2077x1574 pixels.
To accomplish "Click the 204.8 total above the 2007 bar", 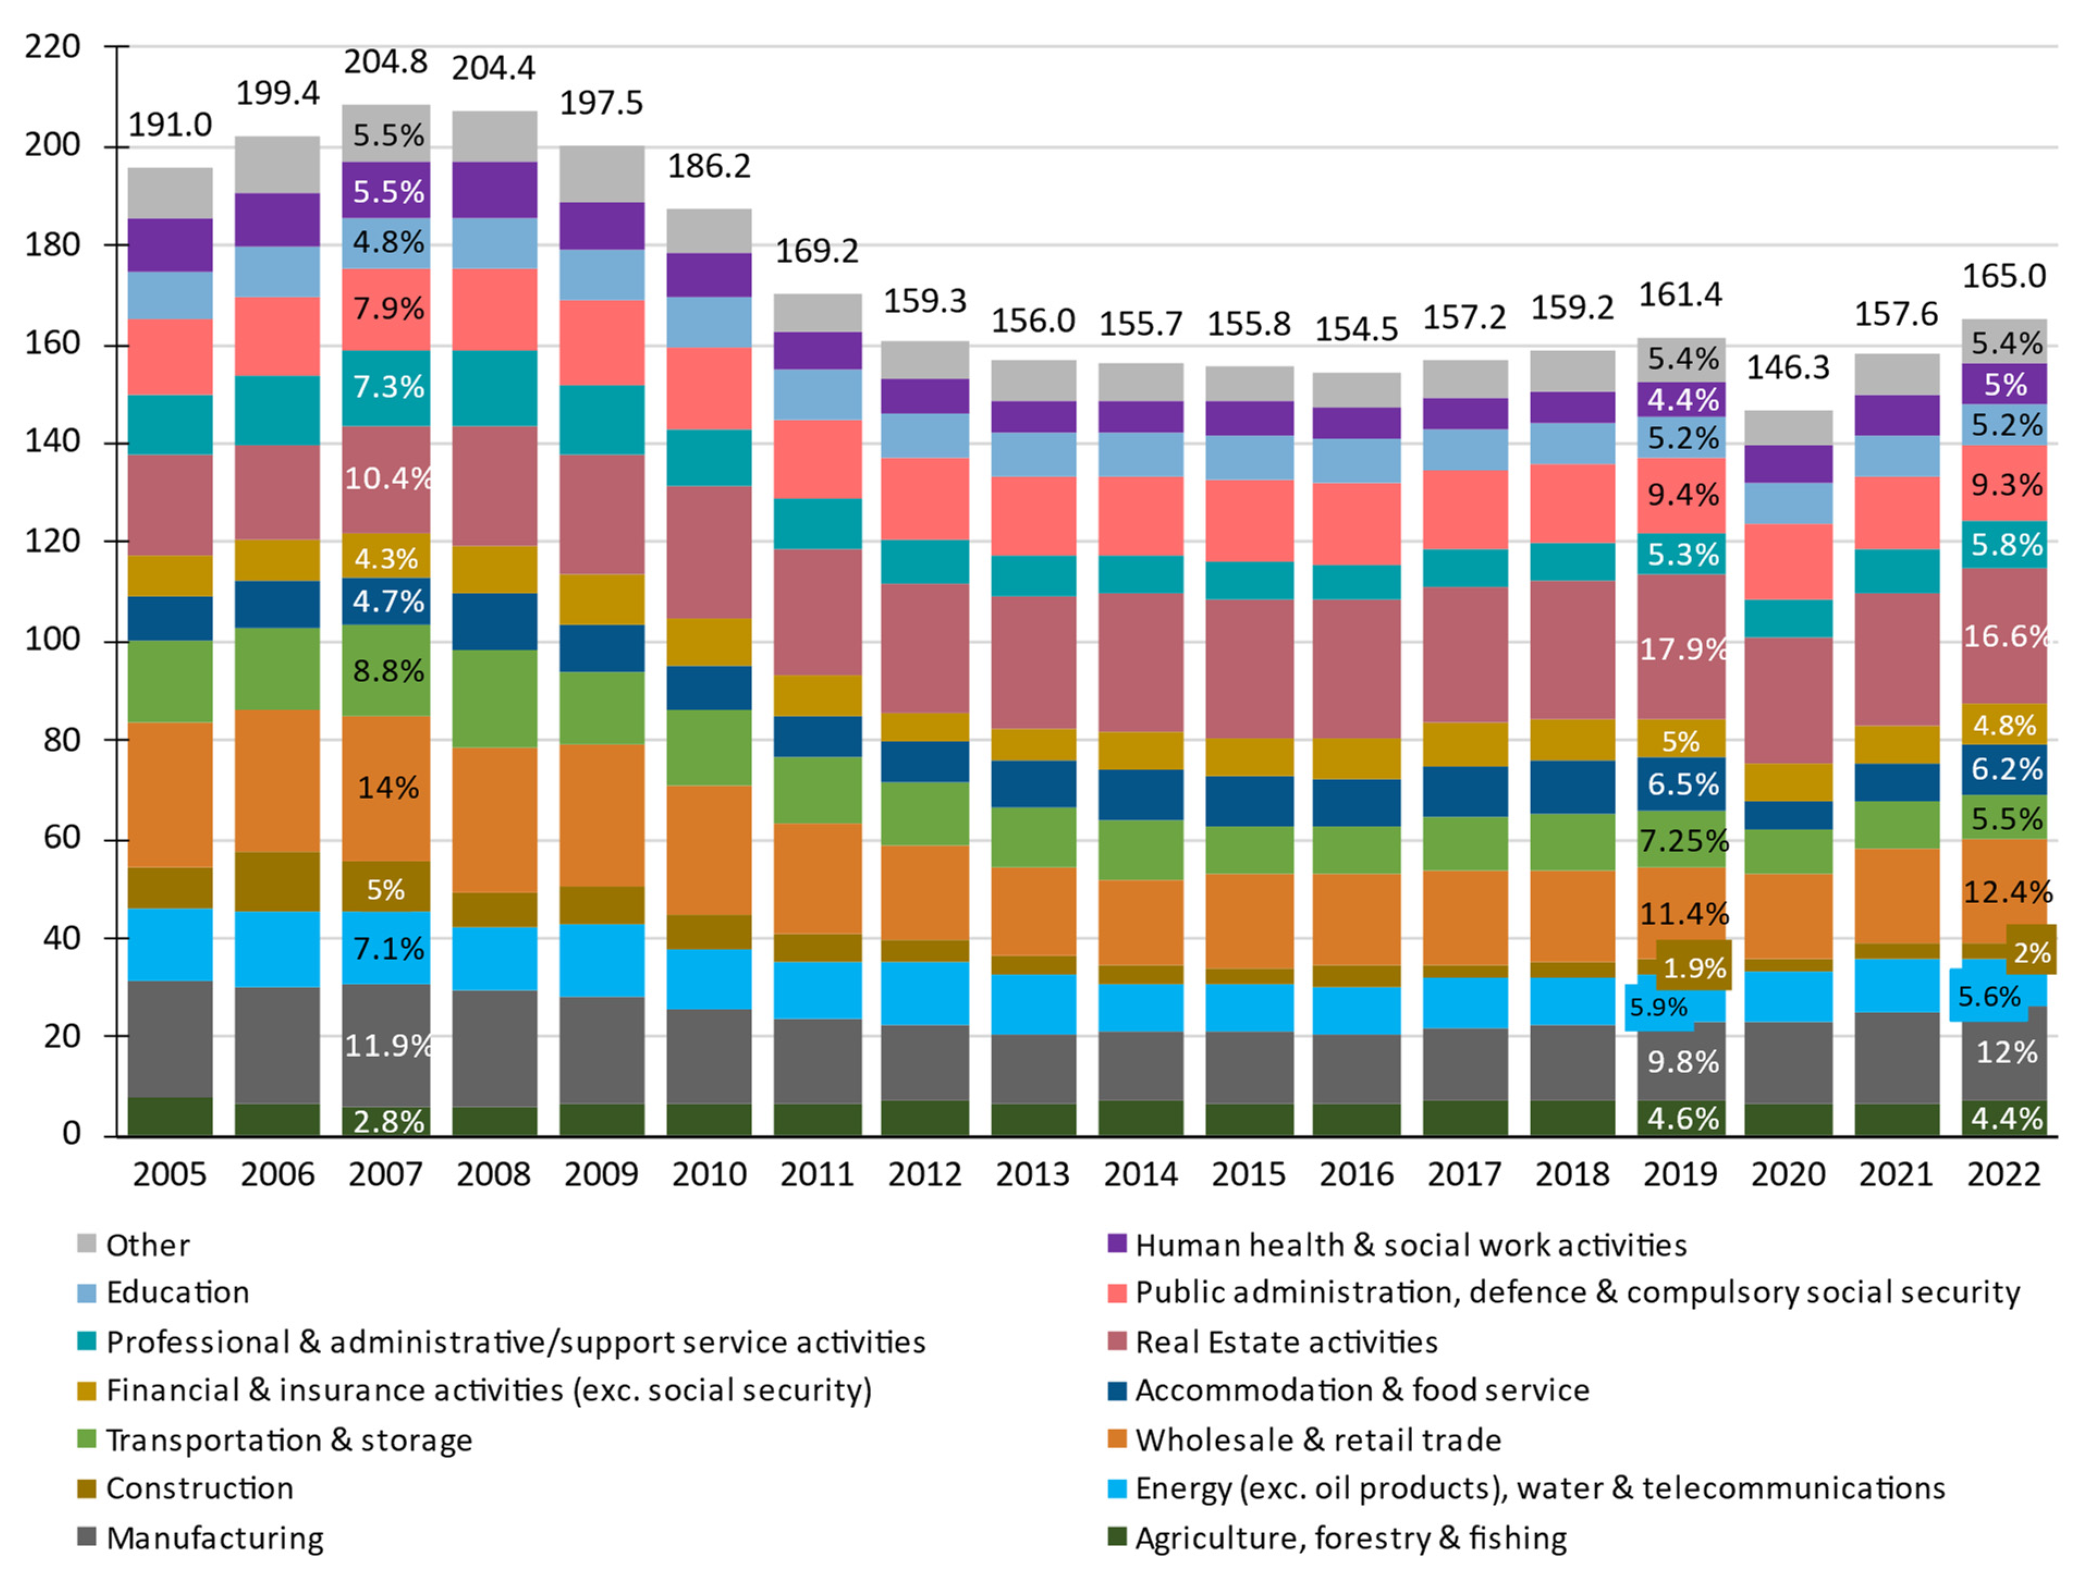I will click(385, 62).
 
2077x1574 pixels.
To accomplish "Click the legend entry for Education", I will click(177, 1293).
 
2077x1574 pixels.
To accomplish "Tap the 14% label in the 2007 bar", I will click(388, 787).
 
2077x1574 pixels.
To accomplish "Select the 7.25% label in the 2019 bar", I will click(1683, 841).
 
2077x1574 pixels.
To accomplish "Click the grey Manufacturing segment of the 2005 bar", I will click(170, 1038).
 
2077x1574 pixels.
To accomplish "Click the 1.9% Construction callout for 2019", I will click(1694, 967).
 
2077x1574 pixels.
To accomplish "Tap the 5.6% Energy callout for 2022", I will click(1989, 996).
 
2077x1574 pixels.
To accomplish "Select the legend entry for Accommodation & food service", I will click(1362, 1390).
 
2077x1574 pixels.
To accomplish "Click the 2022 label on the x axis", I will click(2004, 1174).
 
